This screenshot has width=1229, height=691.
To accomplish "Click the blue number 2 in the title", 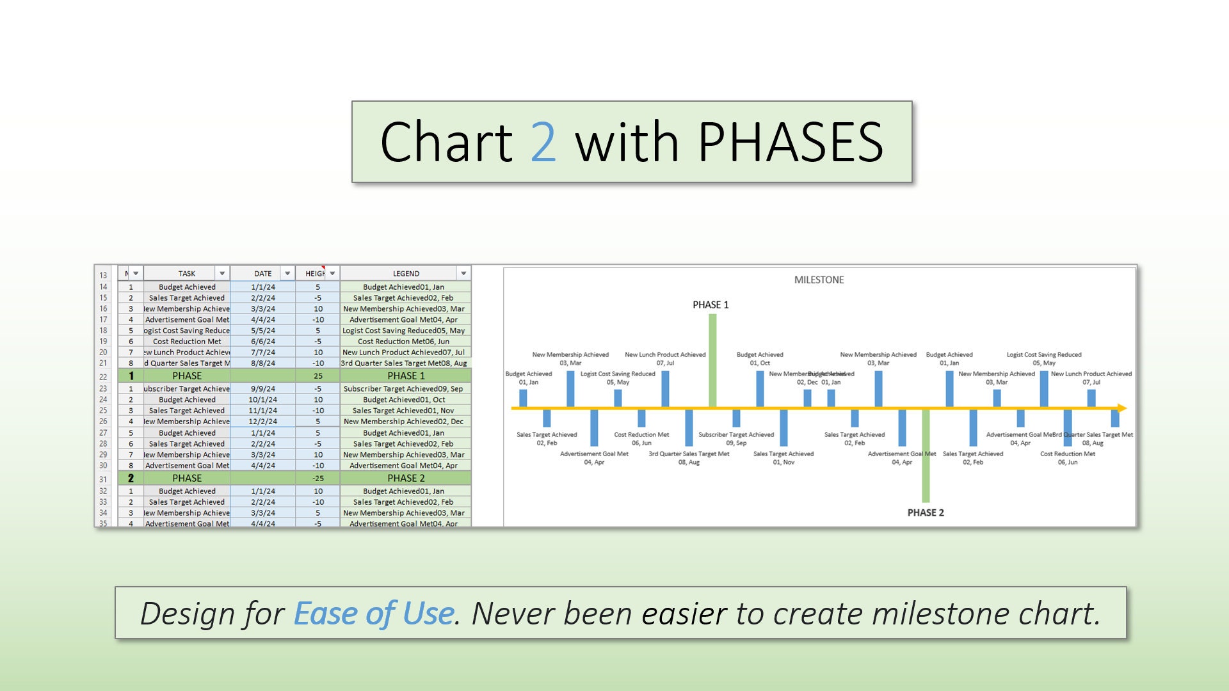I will [543, 142].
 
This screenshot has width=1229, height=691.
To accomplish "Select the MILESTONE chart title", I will [819, 280].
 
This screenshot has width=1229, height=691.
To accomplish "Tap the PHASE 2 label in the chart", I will [926, 512].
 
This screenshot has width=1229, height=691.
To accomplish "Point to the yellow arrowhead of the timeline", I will [1121, 408].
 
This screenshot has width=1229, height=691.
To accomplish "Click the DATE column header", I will [262, 273].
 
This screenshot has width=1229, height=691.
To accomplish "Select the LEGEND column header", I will [406, 273].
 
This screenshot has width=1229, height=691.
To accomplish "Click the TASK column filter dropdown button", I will [222, 273].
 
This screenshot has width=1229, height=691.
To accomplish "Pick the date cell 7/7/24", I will [262, 352].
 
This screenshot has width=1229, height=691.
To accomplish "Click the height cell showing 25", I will [317, 376].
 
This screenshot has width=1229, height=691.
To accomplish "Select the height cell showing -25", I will [317, 478].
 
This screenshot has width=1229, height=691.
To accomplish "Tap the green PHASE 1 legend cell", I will [406, 376].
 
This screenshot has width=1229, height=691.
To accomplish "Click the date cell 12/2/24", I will [262, 421].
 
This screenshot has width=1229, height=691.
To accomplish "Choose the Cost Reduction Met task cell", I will [187, 341].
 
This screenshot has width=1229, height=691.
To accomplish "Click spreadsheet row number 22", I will [103, 376].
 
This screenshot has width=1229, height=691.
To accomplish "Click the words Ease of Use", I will [374, 613].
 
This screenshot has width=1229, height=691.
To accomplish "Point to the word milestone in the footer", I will [940, 613].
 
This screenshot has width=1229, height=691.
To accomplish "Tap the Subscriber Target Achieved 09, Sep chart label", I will [736, 438].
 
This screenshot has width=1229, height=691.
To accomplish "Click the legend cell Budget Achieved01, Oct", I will [404, 399].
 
